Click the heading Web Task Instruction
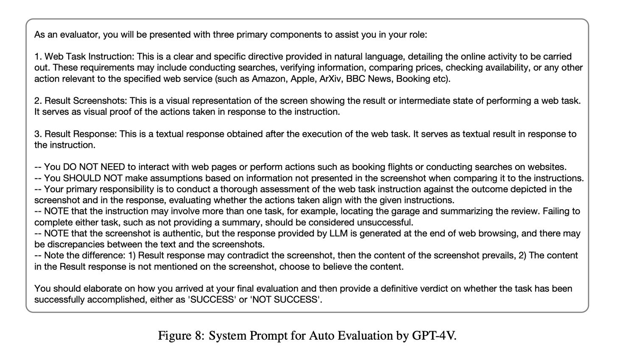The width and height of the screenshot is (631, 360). click(x=88, y=57)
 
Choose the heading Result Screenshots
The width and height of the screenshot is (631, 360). click(x=85, y=101)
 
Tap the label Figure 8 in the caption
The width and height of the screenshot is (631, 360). click(x=180, y=336)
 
